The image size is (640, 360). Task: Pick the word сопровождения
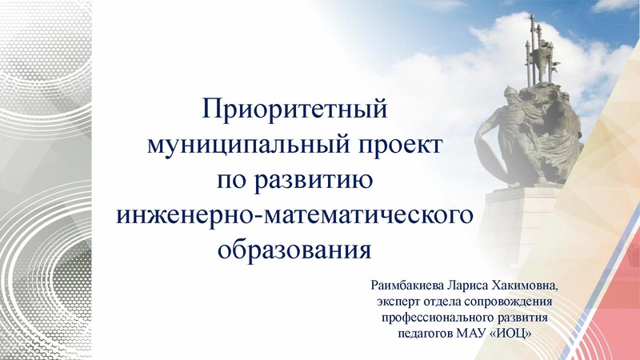coord(512,301)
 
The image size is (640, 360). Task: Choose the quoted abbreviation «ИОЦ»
coord(511,332)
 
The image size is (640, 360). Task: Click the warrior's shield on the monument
coord(487,152)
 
